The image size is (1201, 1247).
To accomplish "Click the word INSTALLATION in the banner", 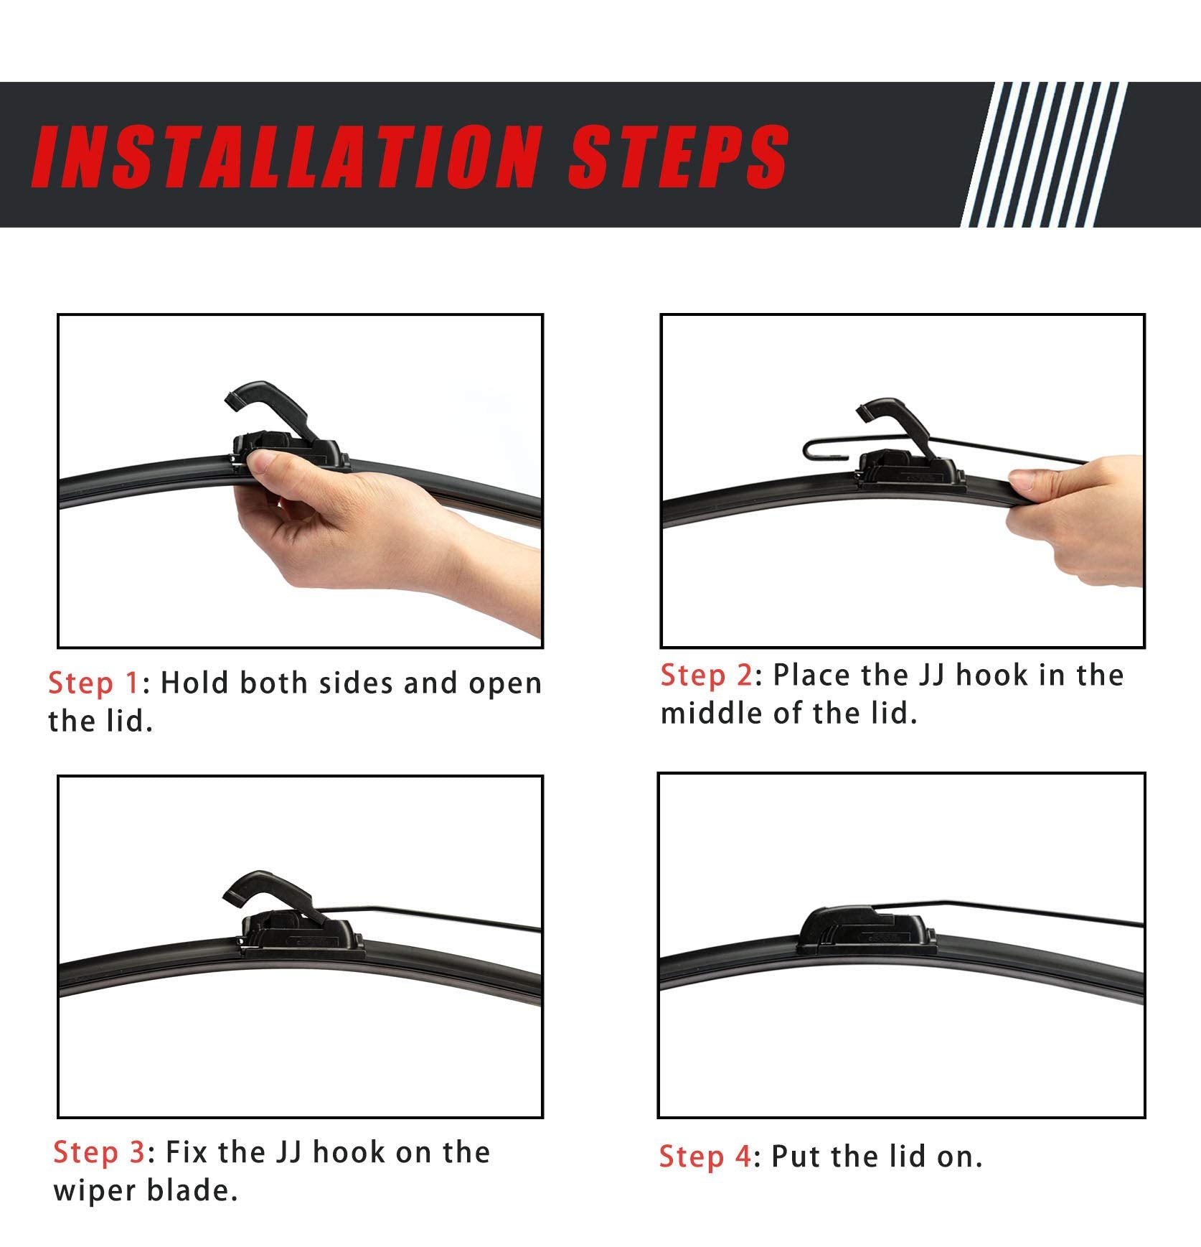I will click(287, 157).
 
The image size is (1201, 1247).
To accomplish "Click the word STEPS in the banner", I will click(678, 157).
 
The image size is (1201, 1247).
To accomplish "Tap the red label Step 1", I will click(93, 683).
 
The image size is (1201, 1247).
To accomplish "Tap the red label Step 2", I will click(706, 675).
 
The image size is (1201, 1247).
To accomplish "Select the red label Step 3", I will click(99, 1152).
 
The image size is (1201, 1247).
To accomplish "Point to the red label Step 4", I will click(705, 1157).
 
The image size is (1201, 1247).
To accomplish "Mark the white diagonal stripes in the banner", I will click(1044, 154).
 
